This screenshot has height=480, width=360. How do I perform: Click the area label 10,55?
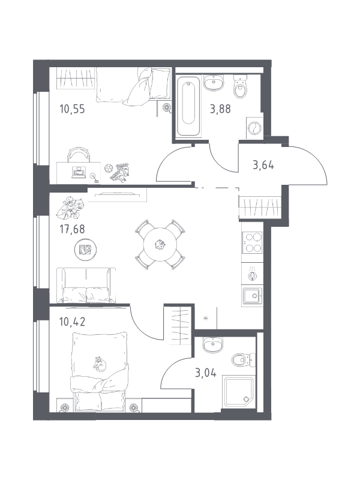[x=72, y=109]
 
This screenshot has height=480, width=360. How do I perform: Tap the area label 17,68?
[x=72, y=229]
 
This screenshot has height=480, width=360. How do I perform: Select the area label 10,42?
[x=72, y=322]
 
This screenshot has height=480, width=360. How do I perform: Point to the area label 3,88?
[x=220, y=109]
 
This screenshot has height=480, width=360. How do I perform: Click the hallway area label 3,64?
[x=263, y=166]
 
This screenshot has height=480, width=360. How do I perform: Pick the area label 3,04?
[x=206, y=373]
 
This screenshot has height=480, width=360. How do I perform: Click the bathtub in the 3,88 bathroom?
[x=188, y=106]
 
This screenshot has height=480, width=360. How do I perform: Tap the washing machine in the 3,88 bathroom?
[x=254, y=127]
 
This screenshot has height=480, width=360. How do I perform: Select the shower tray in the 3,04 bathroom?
[x=239, y=391]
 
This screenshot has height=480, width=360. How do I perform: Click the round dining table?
[x=160, y=245]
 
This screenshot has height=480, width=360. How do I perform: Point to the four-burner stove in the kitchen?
[x=252, y=243]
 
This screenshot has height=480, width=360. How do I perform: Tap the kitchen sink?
[x=252, y=295]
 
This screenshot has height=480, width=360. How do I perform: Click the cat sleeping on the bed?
[x=100, y=364]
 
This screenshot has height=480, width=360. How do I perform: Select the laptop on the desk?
[x=79, y=172]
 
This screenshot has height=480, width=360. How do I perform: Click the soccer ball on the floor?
[x=109, y=169]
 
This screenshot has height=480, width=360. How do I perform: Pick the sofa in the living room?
[x=86, y=286]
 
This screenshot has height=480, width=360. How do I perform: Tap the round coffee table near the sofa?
[x=85, y=250]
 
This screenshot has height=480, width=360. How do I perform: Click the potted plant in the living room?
[x=71, y=208]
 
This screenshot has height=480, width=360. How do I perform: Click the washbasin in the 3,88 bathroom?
[x=214, y=83]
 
